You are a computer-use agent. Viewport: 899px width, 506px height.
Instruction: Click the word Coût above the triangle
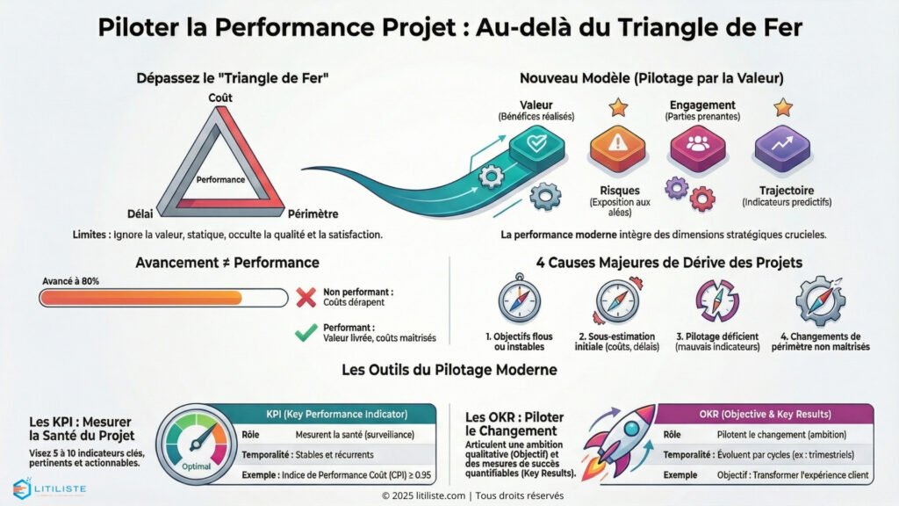(219, 98)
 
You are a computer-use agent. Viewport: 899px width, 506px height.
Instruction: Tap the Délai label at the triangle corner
(140, 213)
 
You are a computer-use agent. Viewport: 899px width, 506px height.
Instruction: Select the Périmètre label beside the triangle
(313, 213)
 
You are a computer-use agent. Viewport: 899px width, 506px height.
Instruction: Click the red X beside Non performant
(306, 297)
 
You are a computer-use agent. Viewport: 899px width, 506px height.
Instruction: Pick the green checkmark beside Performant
(306, 332)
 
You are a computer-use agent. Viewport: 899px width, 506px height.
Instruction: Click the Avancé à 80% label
(70, 281)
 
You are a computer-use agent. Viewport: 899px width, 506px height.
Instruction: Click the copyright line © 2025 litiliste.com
(449, 495)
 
